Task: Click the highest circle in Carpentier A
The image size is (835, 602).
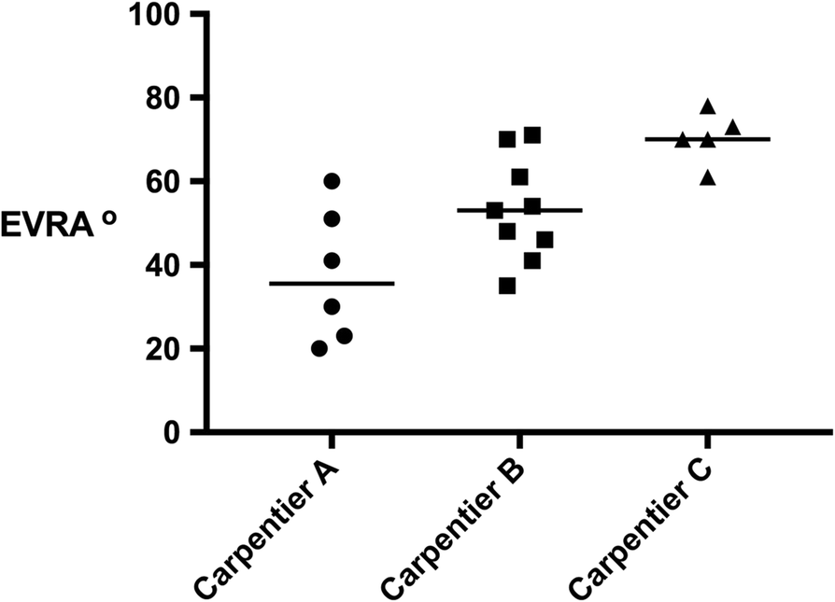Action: [332, 181]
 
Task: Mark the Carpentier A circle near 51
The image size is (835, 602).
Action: [332, 218]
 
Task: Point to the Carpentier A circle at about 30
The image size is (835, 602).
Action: [332, 306]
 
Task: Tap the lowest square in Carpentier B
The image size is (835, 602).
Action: [507, 286]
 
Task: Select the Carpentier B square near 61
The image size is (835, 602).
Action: [520, 176]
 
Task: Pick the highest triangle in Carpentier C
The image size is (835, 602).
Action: [708, 106]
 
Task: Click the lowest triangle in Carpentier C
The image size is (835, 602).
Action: [708, 177]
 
